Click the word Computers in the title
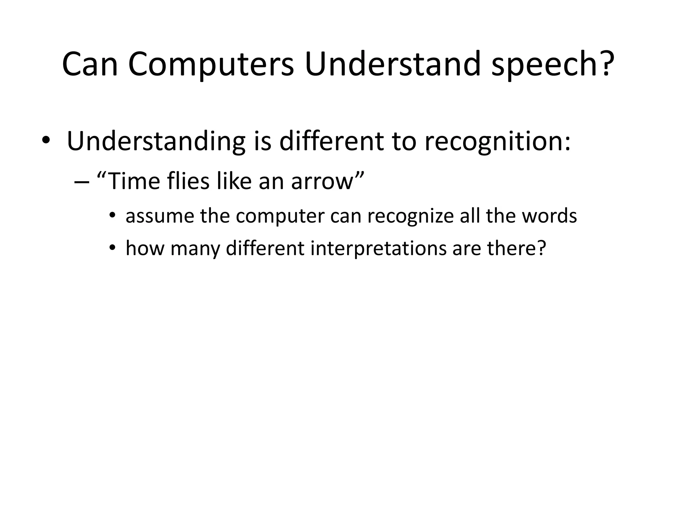click(211, 64)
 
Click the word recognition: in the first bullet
click(498, 142)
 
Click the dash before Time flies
click(82, 182)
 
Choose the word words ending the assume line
click(549, 216)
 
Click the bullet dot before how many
click(113, 248)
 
